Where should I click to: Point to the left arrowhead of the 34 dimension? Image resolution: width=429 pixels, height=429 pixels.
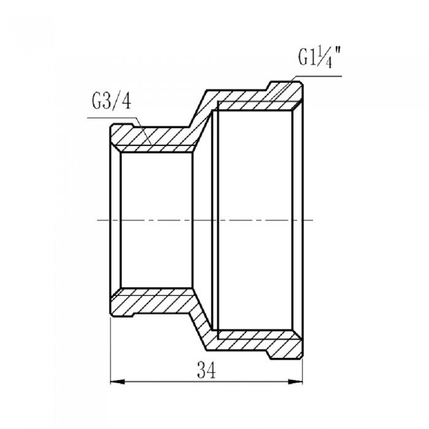115,382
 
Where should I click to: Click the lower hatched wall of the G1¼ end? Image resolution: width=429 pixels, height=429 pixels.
257,340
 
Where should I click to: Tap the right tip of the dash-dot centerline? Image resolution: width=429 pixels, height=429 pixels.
314,219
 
